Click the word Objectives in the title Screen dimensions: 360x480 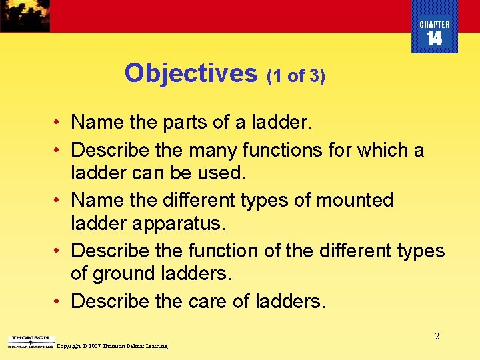point(191,73)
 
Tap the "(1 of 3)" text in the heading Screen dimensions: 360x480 point(296,76)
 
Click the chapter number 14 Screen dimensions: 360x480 point(434,39)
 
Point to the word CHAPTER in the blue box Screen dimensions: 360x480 point(435,25)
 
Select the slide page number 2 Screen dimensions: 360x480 point(437,337)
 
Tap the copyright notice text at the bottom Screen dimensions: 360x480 point(112,346)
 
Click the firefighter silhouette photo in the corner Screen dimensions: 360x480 point(25,15)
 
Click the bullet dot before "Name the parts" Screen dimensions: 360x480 point(59,123)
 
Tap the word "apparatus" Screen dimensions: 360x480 point(184,223)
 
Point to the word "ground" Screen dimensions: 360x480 point(126,273)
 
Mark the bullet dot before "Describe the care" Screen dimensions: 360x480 point(59,301)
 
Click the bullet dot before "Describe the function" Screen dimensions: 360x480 point(59,251)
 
